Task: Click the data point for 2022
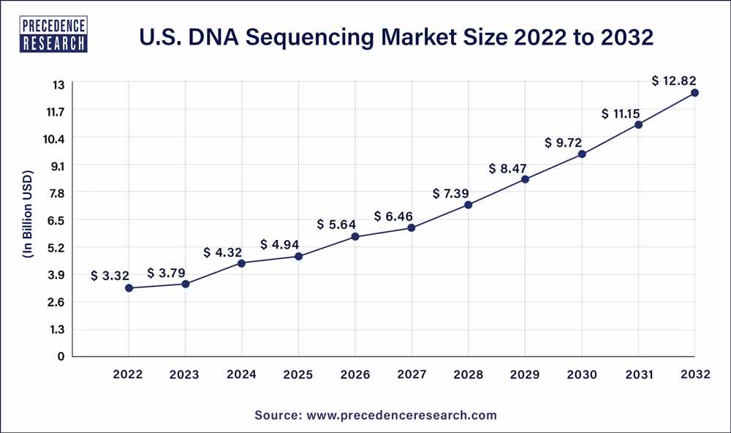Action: [x=129, y=288]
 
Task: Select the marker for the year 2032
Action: [x=694, y=93]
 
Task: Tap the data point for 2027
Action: [x=412, y=228]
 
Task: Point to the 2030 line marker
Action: [x=582, y=154]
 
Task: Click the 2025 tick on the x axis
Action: [x=298, y=374]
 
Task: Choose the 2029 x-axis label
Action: [x=525, y=374]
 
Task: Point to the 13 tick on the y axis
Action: [x=58, y=85]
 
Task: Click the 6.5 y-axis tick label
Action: [x=56, y=220]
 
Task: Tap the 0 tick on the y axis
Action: [x=61, y=356]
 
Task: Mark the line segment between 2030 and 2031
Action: [x=610, y=140]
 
